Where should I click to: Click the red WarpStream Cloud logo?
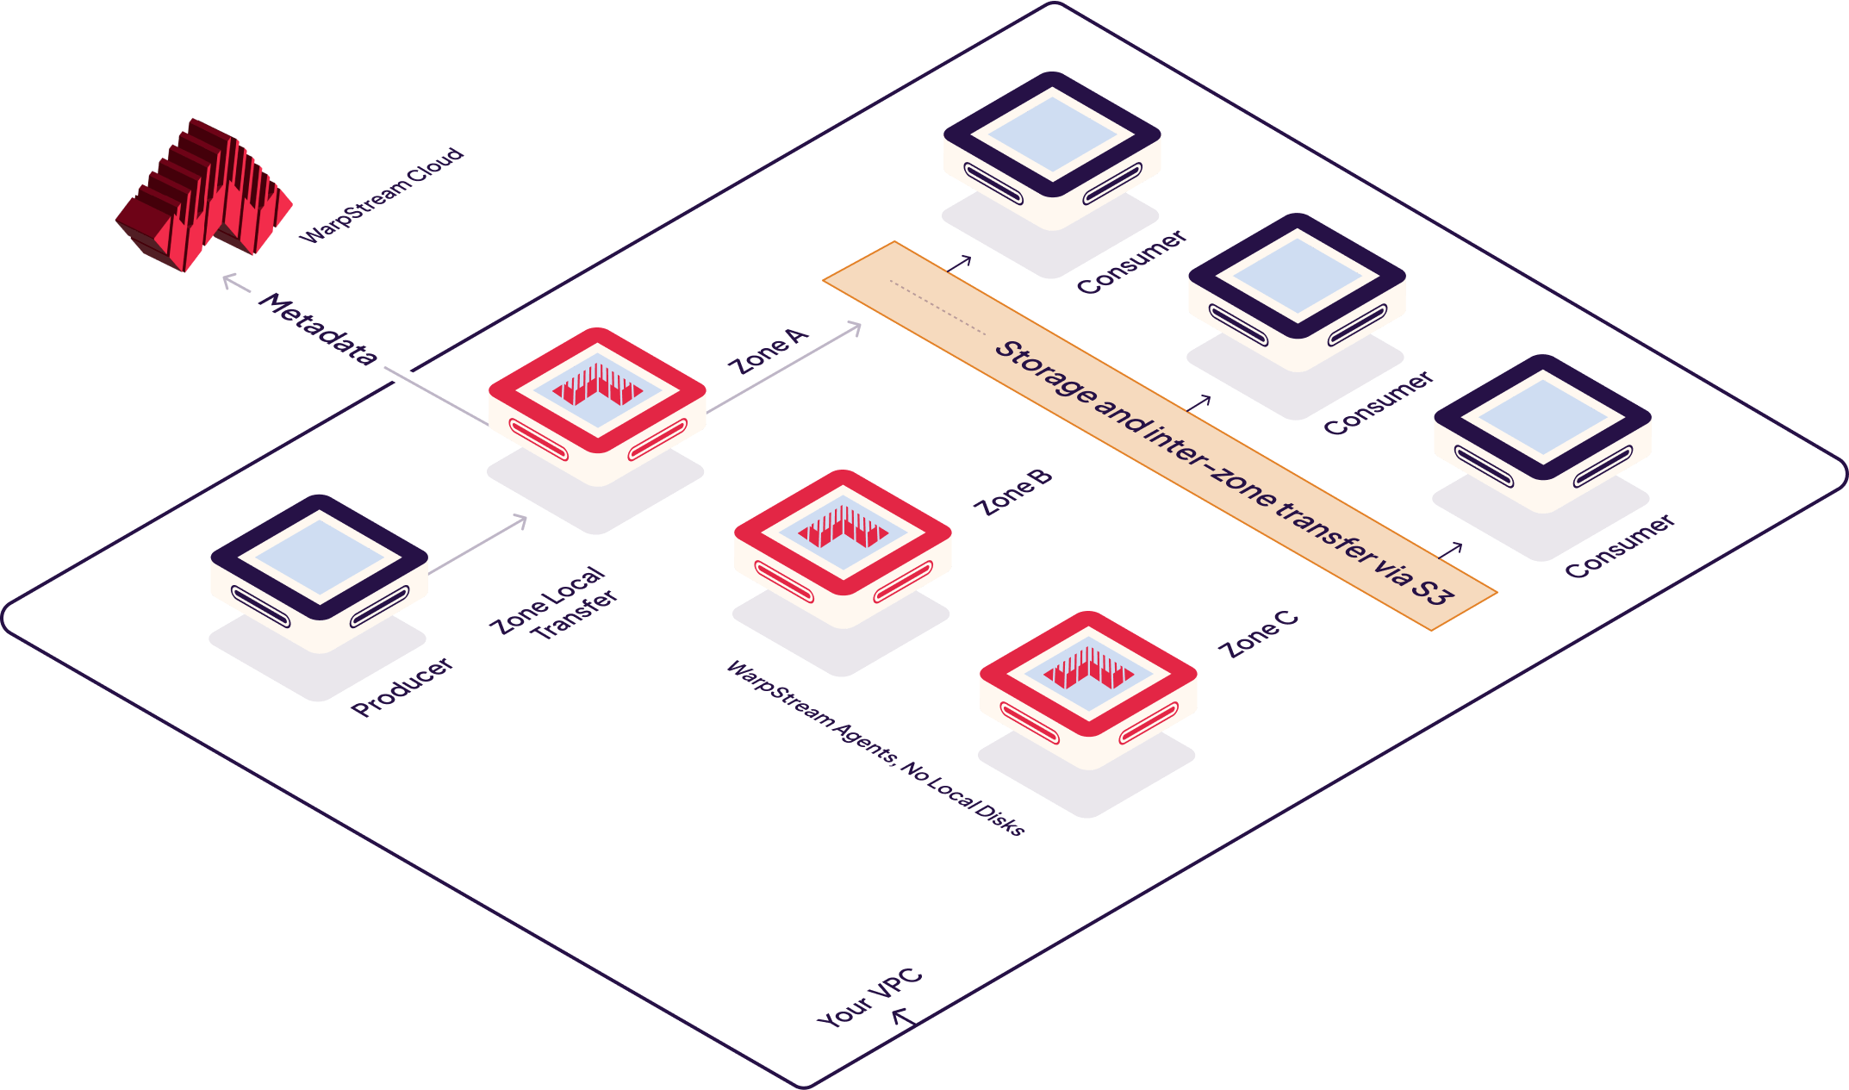pyautogui.click(x=204, y=196)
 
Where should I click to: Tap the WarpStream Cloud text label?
pyautogui.click(x=382, y=197)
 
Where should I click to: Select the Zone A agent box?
pyautogui.click(x=597, y=405)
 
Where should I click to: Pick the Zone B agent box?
pyautogui.click(x=843, y=547)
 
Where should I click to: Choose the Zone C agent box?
pyautogui.click(x=1088, y=689)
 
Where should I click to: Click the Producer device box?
pyautogui.click(x=319, y=573)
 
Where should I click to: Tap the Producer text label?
pyautogui.click(x=402, y=687)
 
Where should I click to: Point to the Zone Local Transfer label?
pyautogui.click(x=554, y=605)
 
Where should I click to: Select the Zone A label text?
pyautogui.click(x=769, y=352)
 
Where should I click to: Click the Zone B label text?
pyautogui.click(x=1013, y=494)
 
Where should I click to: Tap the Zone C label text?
pyautogui.click(x=1261, y=635)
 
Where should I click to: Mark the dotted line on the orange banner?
pyautogui.click(x=937, y=307)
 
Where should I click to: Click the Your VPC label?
pyautogui.click(x=868, y=1000)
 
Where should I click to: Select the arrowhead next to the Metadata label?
pyautogui.click(x=229, y=280)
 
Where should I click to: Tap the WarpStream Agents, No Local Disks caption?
pyautogui.click(x=875, y=748)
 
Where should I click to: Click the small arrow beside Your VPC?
pyautogui.click(x=901, y=1018)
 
